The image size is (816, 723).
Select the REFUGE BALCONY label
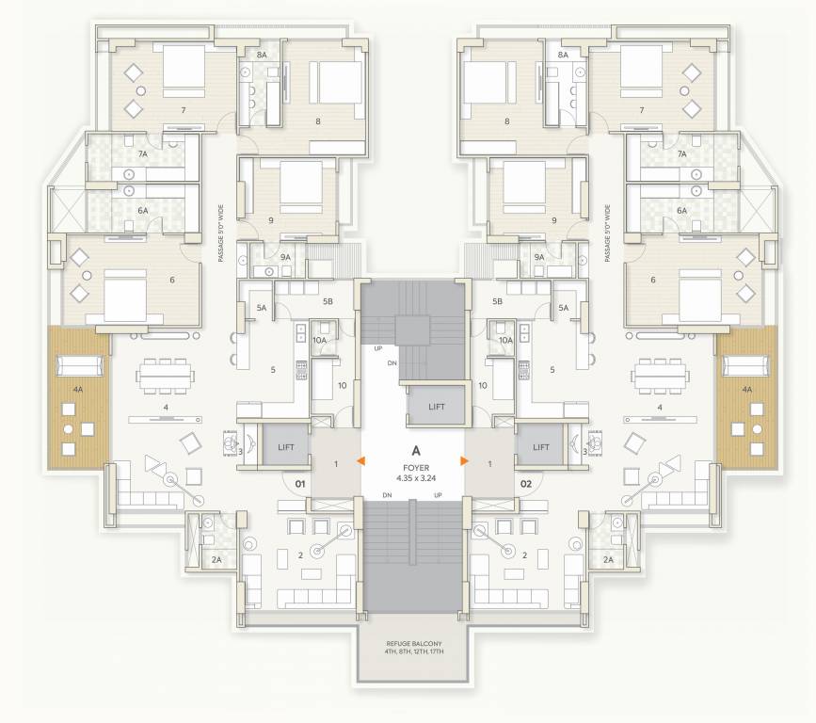[x=413, y=647]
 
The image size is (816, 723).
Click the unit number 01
[x=301, y=484]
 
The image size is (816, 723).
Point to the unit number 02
[x=526, y=484]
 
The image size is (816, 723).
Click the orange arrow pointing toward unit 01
[x=360, y=460]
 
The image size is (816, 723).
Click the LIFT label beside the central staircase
[x=435, y=407]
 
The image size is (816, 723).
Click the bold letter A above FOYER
[x=413, y=450]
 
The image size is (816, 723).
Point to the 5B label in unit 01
[x=328, y=301]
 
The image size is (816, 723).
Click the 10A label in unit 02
[x=506, y=340]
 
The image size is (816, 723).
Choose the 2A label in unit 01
[x=216, y=559]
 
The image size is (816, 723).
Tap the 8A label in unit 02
[x=563, y=56]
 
